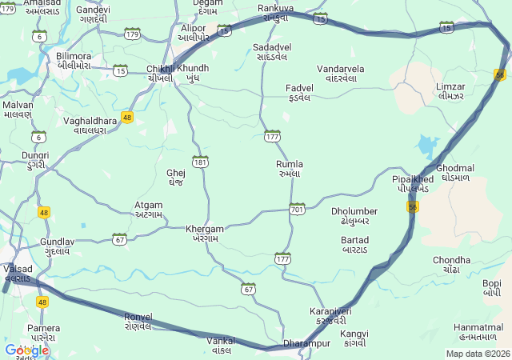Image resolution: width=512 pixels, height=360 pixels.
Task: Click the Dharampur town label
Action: (x=307, y=343)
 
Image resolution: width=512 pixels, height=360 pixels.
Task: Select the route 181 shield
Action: (x=200, y=162)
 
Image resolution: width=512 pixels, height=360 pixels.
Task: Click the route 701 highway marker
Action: (x=298, y=209)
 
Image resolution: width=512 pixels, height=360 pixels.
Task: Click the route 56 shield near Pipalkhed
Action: (x=413, y=206)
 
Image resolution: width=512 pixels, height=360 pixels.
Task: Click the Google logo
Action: (x=26, y=350)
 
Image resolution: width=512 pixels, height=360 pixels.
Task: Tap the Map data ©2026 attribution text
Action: (x=478, y=354)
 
